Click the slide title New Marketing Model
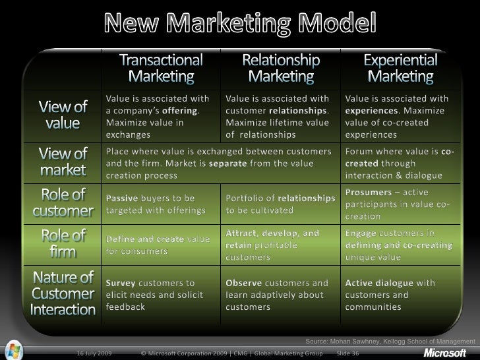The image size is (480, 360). click(x=240, y=25)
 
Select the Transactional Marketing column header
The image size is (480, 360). click(x=162, y=68)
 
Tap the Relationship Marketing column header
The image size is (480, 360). click(x=282, y=68)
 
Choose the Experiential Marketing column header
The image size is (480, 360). click(x=400, y=68)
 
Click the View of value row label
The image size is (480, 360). click(x=63, y=115)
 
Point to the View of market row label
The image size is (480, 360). click(x=63, y=162)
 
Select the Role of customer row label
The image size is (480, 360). click(x=63, y=203)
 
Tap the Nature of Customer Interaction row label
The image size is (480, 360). click(x=63, y=292)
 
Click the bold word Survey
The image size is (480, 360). click(x=121, y=283)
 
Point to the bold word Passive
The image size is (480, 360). click(x=122, y=198)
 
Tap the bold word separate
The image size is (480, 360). click(x=228, y=164)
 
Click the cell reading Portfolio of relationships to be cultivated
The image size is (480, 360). click(x=280, y=204)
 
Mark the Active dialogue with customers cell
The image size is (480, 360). click(x=390, y=295)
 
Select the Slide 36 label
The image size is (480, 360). click(x=348, y=353)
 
